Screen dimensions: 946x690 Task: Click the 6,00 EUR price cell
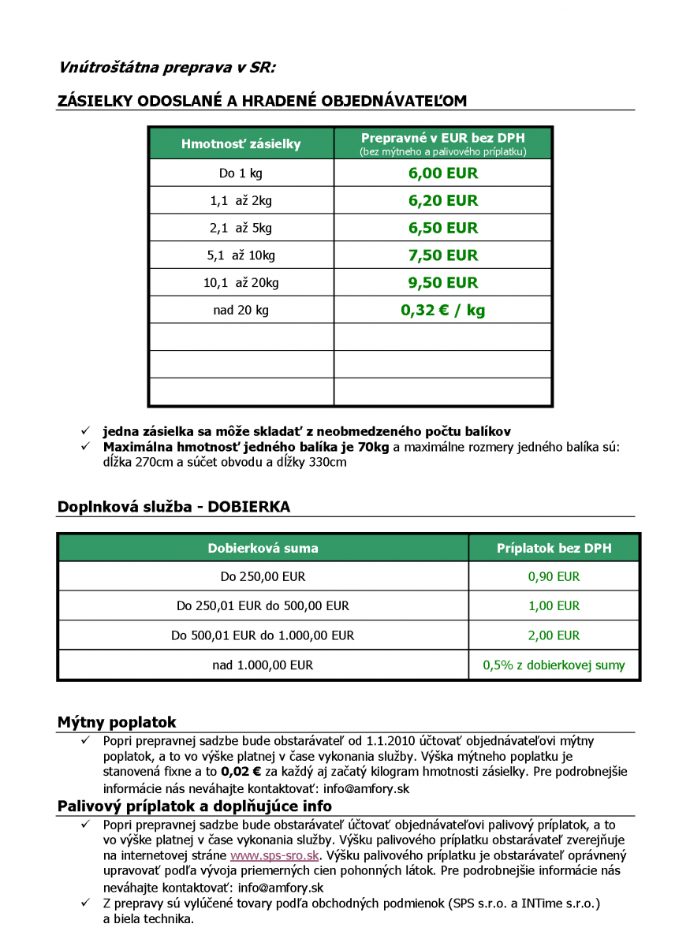tap(442, 173)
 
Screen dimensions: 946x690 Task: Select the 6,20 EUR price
tap(442, 201)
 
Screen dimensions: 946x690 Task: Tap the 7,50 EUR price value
tap(442, 255)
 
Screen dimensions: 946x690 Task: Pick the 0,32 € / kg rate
tap(442, 311)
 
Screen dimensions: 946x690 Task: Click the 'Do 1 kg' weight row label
tap(241, 173)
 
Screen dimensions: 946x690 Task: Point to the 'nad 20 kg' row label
tap(241, 311)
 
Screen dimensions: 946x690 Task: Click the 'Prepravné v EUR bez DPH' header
tap(442, 138)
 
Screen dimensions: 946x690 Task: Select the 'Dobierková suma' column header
tap(263, 549)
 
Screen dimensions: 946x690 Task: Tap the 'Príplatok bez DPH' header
tap(554, 549)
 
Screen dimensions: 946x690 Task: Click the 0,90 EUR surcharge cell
tap(554, 577)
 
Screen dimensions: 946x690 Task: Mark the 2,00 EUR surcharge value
tap(554, 635)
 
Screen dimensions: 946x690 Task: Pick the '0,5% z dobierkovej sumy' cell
tap(554, 665)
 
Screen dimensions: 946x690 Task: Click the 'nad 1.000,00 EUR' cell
tap(263, 665)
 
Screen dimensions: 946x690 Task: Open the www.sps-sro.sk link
tap(274, 855)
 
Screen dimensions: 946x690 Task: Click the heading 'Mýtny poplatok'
tap(117, 722)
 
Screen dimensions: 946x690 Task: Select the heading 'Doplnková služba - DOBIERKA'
tap(173, 507)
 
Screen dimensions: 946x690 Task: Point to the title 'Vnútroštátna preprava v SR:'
tap(167, 67)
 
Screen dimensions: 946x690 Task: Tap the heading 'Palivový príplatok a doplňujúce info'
tap(194, 806)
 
